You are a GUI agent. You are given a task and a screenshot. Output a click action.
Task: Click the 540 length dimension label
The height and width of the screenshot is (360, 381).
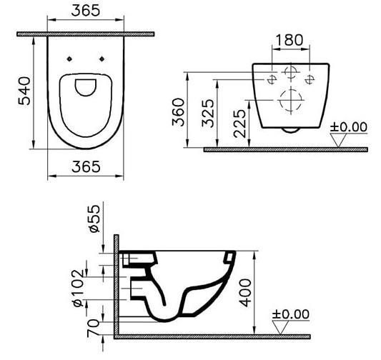[x=24, y=91]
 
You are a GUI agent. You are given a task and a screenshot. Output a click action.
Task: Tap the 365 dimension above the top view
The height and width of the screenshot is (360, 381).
[x=86, y=11]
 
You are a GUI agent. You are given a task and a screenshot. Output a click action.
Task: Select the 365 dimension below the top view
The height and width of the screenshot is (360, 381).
[x=86, y=166]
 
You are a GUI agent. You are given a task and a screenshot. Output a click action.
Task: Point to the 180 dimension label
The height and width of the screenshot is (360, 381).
[x=290, y=40]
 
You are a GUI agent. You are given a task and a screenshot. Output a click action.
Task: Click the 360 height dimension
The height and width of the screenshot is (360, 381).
[x=179, y=112]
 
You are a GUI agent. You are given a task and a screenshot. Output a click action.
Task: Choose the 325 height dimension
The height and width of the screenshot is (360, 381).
[x=208, y=114]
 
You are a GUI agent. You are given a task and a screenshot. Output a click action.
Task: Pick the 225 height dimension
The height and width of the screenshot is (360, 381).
[x=240, y=124]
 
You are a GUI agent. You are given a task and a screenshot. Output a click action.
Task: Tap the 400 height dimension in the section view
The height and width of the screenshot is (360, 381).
[x=245, y=293]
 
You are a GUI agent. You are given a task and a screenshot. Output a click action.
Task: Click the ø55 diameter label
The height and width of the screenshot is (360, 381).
[x=94, y=219]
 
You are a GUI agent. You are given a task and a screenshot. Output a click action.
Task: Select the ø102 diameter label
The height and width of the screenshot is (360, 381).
[x=78, y=288]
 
